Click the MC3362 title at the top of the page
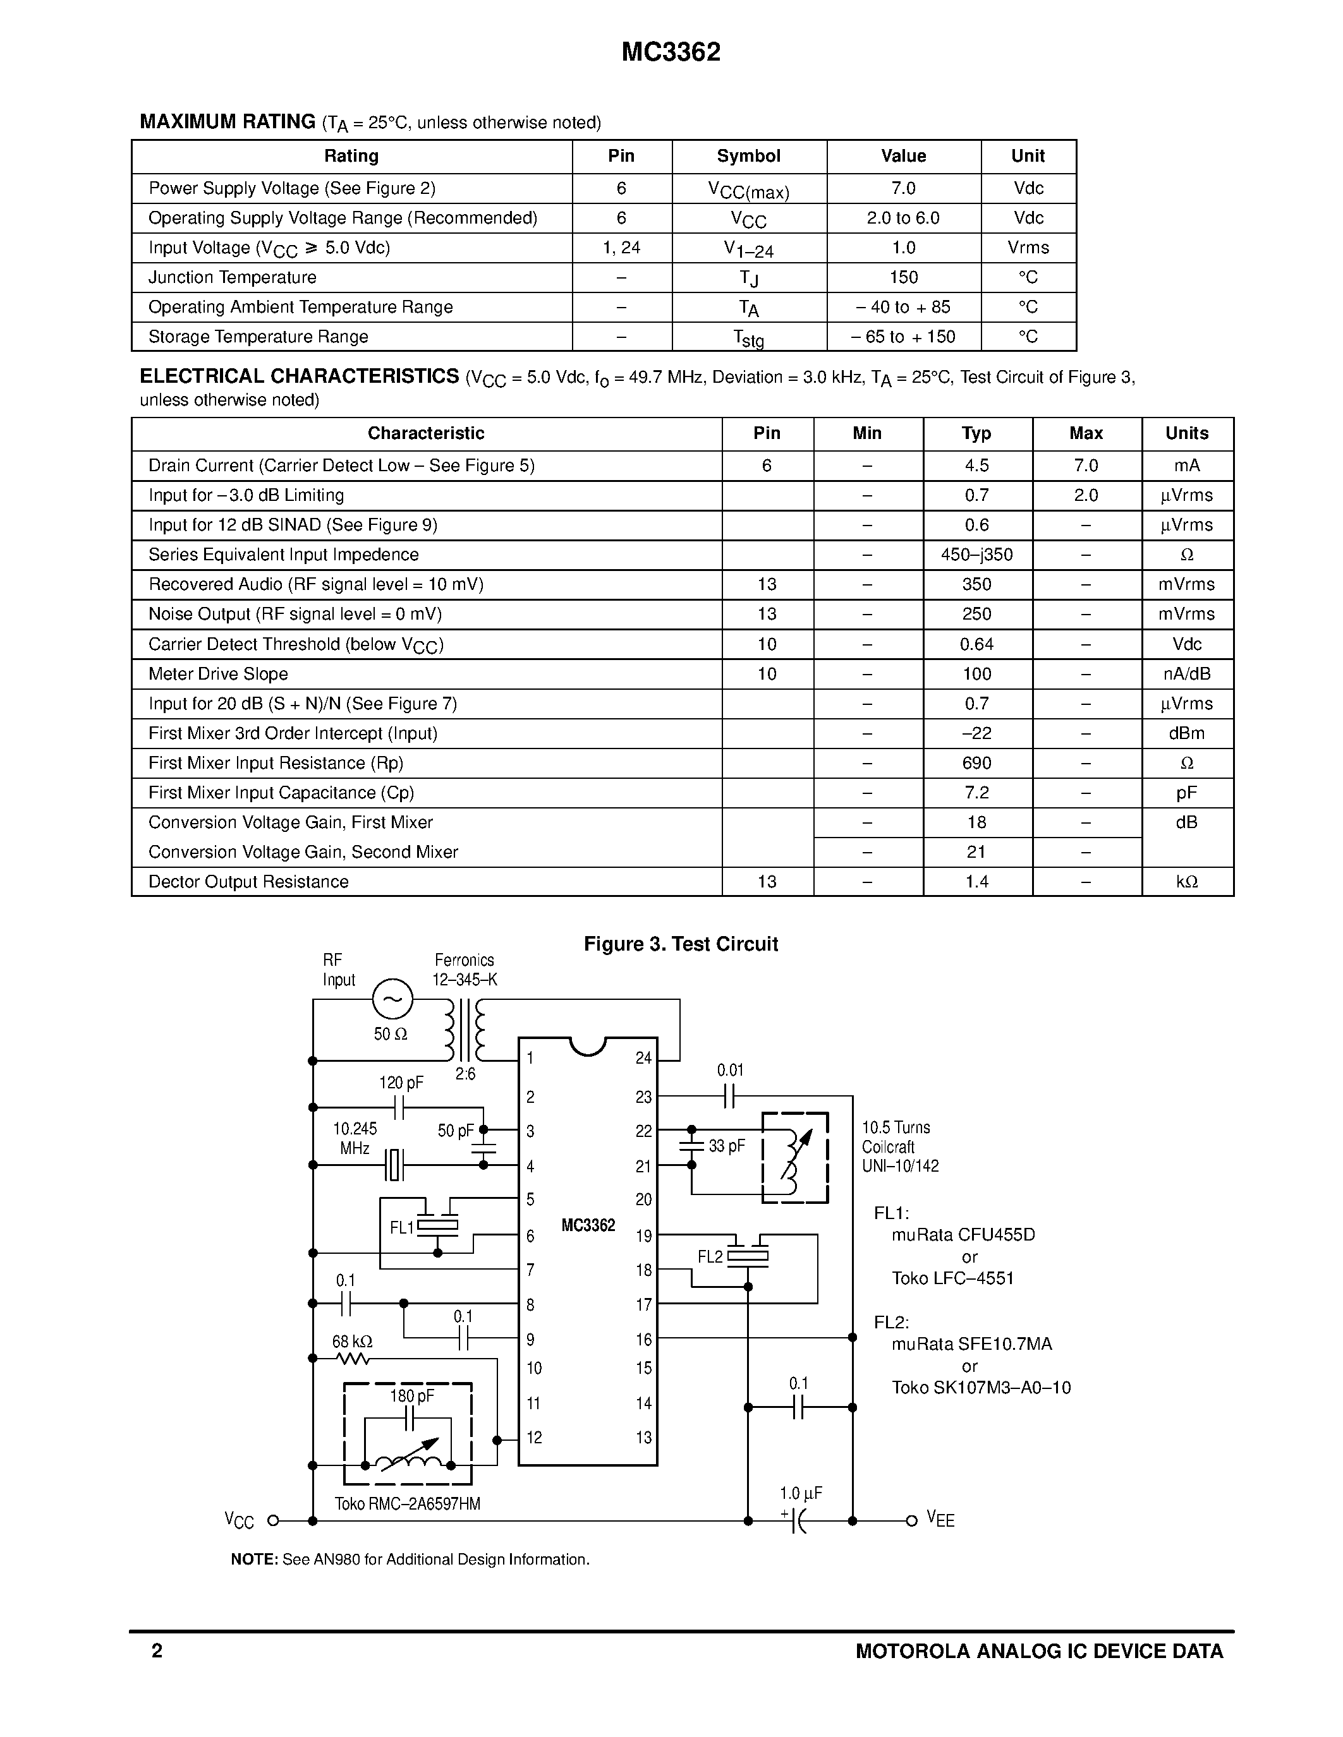click(x=671, y=52)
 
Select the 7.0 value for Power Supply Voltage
click(x=903, y=188)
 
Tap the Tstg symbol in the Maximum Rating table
click(x=748, y=338)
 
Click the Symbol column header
click(x=748, y=156)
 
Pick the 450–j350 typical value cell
click(x=976, y=555)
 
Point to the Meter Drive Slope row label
click(x=218, y=674)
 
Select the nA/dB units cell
click(x=1186, y=674)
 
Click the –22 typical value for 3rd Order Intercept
click(x=976, y=733)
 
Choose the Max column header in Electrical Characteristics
click(x=1085, y=433)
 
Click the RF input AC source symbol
click(x=392, y=999)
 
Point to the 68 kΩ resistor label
click(x=351, y=1342)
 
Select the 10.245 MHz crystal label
click(x=355, y=1138)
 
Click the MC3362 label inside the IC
click(x=588, y=1225)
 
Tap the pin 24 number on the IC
click(x=643, y=1058)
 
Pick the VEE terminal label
click(x=940, y=1519)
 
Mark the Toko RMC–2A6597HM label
click(x=408, y=1504)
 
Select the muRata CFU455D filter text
click(x=963, y=1235)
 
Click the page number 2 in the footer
click(x=157, y=1651)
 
